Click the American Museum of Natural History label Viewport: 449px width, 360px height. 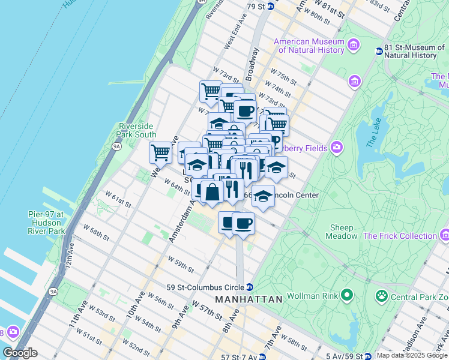tap(309, 46)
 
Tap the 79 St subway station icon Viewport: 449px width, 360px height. tap(271, 6)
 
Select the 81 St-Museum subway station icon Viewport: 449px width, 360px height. tap(379, 51)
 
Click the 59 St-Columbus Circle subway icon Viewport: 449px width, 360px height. tap(249, 287)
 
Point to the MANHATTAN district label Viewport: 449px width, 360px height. tap(249, 299)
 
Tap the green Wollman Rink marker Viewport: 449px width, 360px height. tap(346, 295)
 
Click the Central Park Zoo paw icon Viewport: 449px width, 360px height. tap(381, 295)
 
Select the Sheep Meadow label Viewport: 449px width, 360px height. tap(341, 232)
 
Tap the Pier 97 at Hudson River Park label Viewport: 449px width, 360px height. tap(46, 223)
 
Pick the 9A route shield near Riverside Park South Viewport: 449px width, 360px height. tap(117, 145)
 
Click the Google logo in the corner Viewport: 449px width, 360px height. tap(20, 353)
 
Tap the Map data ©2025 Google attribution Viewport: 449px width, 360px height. tap(411, 355)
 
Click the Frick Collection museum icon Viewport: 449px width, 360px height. tap(444, 236)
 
